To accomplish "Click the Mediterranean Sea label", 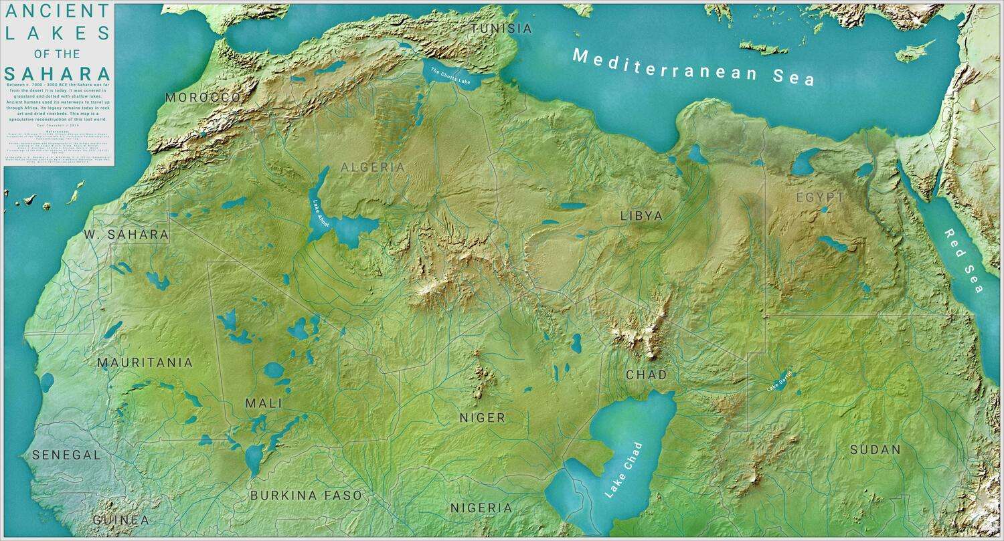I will point(694,67).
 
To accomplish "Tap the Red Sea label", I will point(964,260).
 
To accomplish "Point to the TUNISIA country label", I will point(501,29).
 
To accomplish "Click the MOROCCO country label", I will point(203,98).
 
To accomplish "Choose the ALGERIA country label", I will point(373,167).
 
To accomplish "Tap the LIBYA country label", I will point(641,216).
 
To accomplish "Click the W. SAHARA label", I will point(127,235).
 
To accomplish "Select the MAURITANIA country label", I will point(145,362).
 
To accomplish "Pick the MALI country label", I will point(263,403).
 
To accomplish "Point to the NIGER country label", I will point(482,418).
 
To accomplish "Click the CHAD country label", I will point(646,374).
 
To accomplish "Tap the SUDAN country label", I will point(875,449).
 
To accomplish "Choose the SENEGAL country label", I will point(66,455).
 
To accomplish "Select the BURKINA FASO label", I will point(306,496).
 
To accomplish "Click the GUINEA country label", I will point(121,520).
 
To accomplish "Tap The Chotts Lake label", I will point(450,77).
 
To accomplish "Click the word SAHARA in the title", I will point(58,74).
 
